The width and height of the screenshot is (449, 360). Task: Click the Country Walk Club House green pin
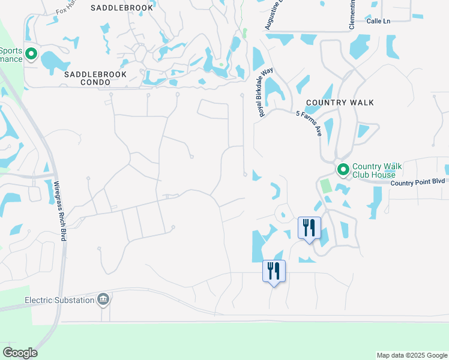pyautogui.click(x=343, y=170)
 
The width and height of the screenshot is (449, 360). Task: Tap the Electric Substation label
pyautogui.click(x=59, y=300)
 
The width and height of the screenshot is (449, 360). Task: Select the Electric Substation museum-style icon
pyautogui.click(x=103, y=299)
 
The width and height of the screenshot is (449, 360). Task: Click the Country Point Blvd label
pyautogui.click(x=418, y=182)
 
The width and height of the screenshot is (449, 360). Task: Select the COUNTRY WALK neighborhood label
pyautogui.click(x=340, y=103)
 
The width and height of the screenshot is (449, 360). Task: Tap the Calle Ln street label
pyautogui.click(x=378, y=21)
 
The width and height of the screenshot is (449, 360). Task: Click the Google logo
pyautogui.click(x=20, y=353)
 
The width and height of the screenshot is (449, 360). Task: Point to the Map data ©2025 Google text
pyautogui.click(x=411, y=355)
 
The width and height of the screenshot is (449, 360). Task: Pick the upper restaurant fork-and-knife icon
pyautogui.click(x=310, y=227)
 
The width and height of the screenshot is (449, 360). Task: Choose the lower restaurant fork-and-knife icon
pyautogui.click(x=274, y=271)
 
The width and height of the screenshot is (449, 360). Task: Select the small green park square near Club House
pyautogui.click(x=326, y=186)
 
